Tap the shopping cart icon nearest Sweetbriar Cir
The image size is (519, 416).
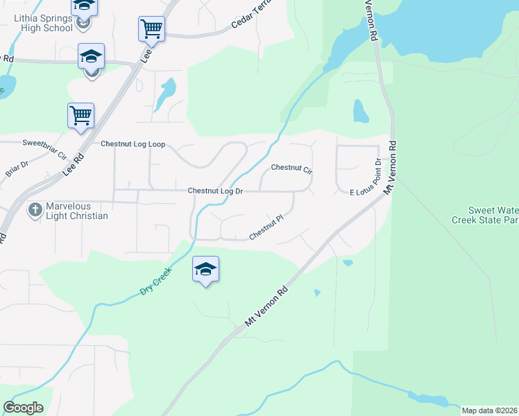(x=81, y=116)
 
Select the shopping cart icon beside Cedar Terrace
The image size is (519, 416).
(x=151, y=29)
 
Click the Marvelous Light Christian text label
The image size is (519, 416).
(x=77, y=211)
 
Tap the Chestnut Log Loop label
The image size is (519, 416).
(x=133, y=144)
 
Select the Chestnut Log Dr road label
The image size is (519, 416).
(x=215, y=191)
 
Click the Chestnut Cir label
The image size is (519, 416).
(x=292, y=168)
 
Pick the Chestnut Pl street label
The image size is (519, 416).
(x=267, y=227)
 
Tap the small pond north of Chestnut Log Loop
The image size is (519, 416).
(x=166, y=94)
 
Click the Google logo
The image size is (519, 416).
(x=23, y=408)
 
